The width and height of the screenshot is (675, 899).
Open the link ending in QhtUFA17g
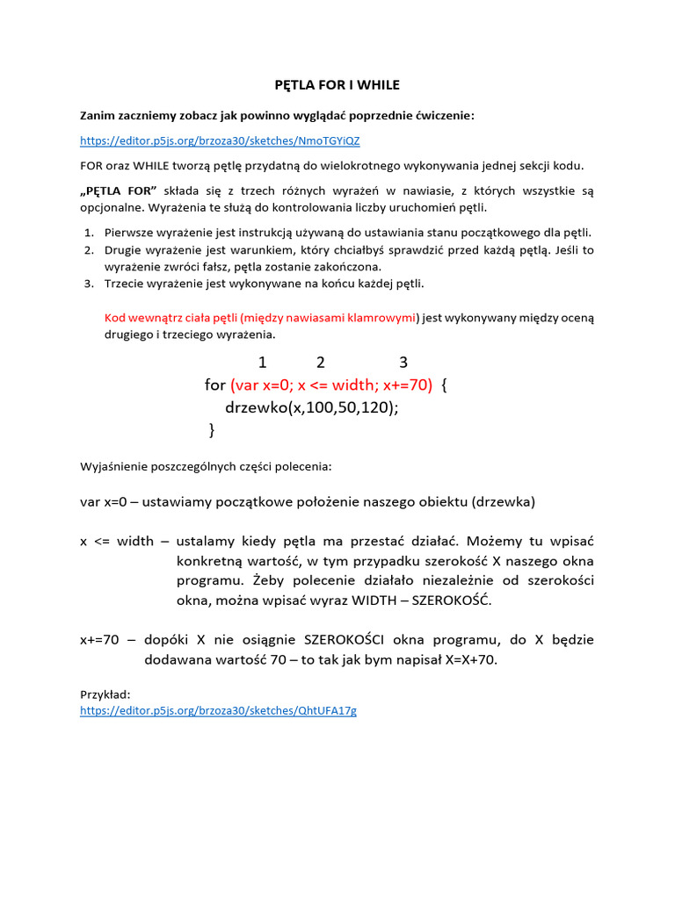(x=218, y=711)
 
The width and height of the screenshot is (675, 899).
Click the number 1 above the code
(x=262, y=363)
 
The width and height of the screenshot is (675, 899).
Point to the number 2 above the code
(x=321, y=363)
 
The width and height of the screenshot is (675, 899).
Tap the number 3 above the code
(x=403, y=363)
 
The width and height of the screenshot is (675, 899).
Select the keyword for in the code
(x=215, y=385)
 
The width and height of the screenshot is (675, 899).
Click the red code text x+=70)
(x=408, y=385)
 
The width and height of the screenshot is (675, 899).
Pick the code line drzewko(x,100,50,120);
(x=312, y=407)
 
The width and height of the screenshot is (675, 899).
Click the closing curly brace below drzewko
(x=212, y=430)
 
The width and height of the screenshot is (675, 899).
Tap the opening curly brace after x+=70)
(x=445, y=385)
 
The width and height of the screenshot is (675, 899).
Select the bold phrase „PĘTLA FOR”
(x=119, y=191)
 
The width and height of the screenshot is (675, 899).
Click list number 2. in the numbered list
(x=89, y=250)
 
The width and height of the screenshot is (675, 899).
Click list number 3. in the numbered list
(x=89, y=284)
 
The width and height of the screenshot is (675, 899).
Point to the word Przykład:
(x=105, y=694)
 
